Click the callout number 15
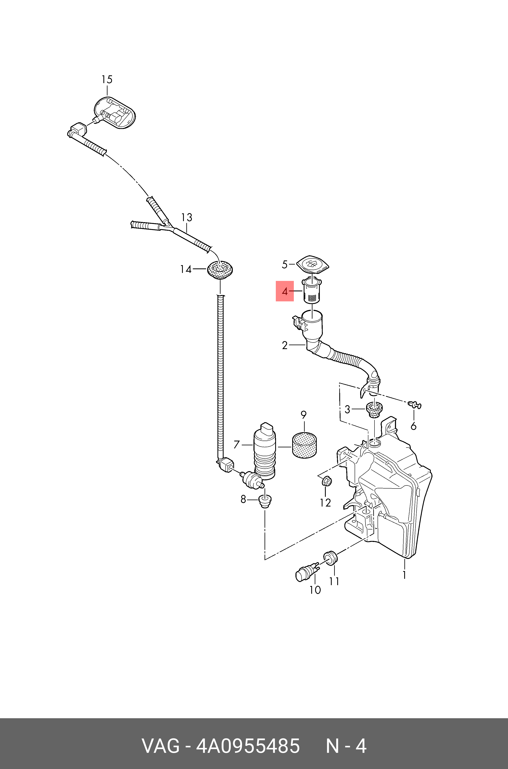tap(107, 79)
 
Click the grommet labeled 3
tap(374, 410)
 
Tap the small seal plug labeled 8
tap(265, 501)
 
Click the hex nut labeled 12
tap(327, 481)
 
